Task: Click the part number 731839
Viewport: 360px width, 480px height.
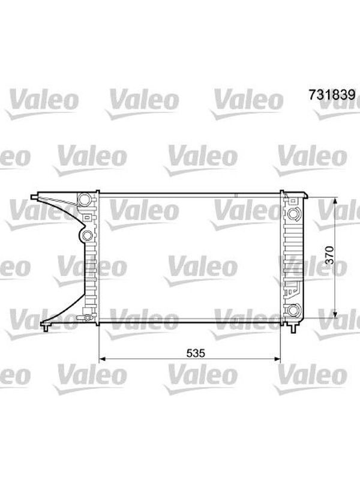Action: coord(332,95)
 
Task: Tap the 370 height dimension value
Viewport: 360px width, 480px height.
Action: coord(329,254)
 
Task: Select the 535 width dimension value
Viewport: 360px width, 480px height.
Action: coord(196,353)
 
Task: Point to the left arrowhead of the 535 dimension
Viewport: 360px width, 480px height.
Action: coord(103,359)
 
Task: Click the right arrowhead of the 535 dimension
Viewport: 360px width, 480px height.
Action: coord(277,359)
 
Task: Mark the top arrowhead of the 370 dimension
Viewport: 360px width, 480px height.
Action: coord(335,201)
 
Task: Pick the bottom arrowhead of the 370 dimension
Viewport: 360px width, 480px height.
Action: coord(335,314)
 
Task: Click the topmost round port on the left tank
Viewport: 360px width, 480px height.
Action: coord(84,199)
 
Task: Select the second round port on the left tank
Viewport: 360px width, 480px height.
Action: coord(87,236)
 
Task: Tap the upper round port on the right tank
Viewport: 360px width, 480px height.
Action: coord(294,214)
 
